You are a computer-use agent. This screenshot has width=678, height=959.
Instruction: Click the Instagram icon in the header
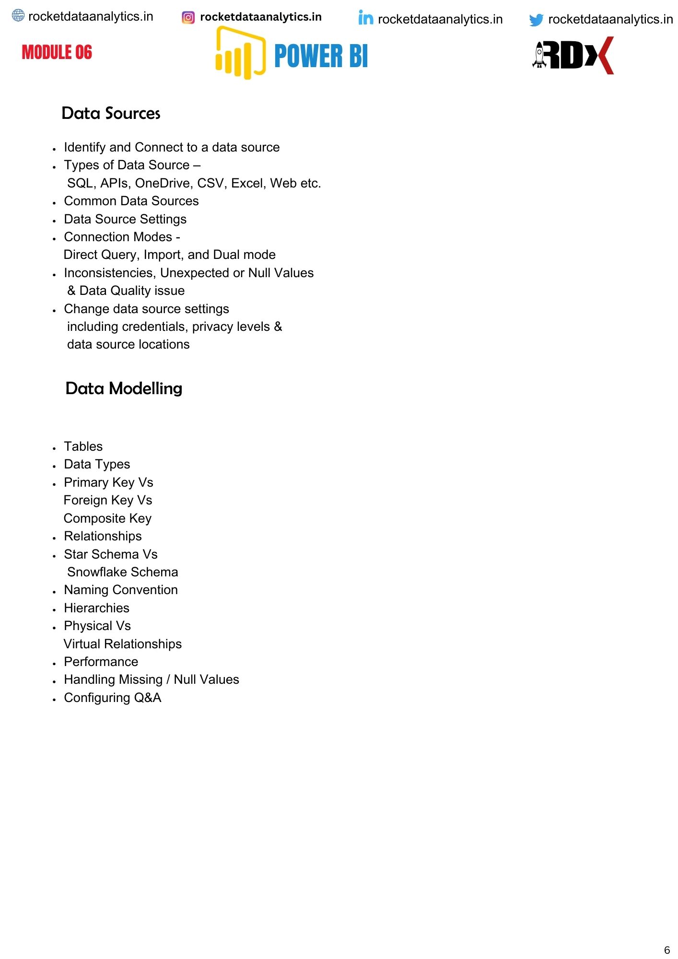tap(188, 18)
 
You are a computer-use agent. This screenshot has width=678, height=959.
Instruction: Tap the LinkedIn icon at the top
tap(365, 18)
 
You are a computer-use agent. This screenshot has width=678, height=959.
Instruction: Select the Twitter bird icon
tap(536, 20)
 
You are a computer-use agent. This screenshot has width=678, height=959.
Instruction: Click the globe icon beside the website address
tap(18, 16)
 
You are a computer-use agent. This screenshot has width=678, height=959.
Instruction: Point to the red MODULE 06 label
tap(57, 52)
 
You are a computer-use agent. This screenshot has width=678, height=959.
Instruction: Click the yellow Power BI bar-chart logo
tap(240, 53)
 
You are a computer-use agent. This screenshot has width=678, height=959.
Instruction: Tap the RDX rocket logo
tap(573, 55)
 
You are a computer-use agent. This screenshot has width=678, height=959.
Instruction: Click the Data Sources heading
tap(111, 113)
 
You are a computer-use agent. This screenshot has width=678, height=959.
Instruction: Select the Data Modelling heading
tap(124, 388)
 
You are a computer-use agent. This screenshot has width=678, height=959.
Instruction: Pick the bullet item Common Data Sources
tap(131, 201)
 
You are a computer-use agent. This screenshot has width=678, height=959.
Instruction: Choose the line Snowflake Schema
tap(122, 572)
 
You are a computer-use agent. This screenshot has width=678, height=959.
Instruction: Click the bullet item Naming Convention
tap(121, 590)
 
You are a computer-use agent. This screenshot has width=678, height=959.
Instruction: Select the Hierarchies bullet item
tap(97, 608)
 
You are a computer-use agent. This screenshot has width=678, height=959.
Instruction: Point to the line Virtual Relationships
tap(123, 644)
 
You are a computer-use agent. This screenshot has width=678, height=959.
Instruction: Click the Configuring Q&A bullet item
tap(113, 698)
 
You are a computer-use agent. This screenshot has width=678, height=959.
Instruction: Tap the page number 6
tap(666, 950)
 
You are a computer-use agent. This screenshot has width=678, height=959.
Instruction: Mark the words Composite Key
tap(107, 518)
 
